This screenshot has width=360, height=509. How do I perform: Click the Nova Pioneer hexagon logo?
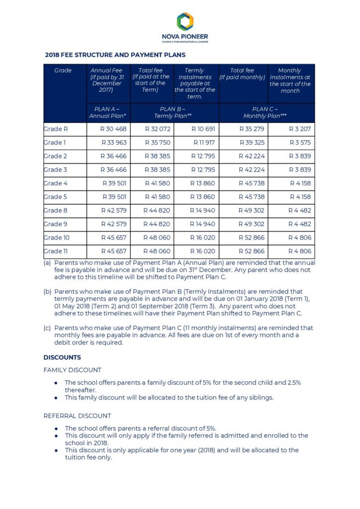coord(185,21)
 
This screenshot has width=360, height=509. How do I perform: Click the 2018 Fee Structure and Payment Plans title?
coord(115,55)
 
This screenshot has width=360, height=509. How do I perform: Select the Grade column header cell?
coord(63,71)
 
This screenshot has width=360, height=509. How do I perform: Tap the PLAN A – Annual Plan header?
coord(107,112)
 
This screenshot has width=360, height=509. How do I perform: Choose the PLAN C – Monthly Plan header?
coord(267,112)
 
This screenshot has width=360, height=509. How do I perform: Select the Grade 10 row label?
coord(57,238)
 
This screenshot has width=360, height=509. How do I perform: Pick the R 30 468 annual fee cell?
coord(114,129)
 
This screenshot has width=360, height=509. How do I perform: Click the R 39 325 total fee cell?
coord(253,143)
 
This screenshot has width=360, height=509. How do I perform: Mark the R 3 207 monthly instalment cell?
coord(300,129)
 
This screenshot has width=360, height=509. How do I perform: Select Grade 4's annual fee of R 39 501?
coord(114,183)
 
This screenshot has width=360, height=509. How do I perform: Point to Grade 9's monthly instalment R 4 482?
coord(300,224)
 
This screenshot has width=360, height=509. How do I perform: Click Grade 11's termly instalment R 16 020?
coord(203,251)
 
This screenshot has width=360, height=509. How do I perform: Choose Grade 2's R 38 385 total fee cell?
coord(158,156)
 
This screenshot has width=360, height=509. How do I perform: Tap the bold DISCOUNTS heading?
coord(62,357)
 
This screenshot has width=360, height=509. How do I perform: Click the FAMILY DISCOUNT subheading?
coord(73,370)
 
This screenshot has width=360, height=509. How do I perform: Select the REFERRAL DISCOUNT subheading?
coord(77,416)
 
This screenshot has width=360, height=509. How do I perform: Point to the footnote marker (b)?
coord(47,291)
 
